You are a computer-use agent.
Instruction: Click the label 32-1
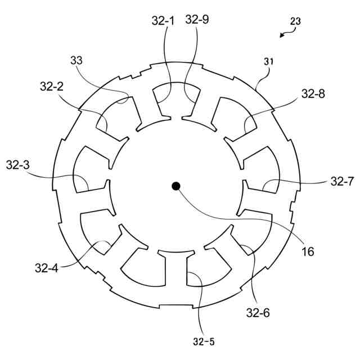[163, 20]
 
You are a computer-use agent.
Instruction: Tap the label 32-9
[196, 20]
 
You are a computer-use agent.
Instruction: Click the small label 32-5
[202, 341]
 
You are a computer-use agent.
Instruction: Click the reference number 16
[308, 251]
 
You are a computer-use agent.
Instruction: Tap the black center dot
[176, 186]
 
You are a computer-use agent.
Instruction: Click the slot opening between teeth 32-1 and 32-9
[176, 118]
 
